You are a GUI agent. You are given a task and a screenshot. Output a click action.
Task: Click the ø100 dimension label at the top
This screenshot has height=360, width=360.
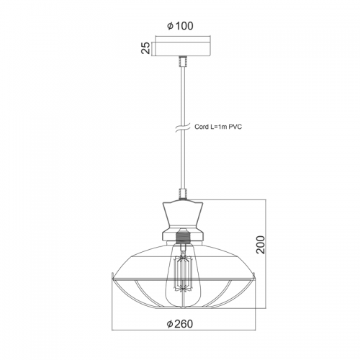click(x=180, y=26)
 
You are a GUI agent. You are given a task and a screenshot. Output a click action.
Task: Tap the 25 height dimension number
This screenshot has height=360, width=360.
click(x=145, y=48)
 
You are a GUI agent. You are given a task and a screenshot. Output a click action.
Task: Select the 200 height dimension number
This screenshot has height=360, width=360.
click(x=260, y=245)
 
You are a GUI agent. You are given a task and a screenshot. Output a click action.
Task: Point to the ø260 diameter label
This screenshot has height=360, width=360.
click(x=180, y=324)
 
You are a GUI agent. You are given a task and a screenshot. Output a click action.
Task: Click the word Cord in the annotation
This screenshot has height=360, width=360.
click(x=201, y=127)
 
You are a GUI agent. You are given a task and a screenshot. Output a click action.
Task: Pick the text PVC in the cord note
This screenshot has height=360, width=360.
click(x=235, y=127)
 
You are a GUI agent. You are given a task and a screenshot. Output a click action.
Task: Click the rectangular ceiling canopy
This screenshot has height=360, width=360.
click(x=183, y=49)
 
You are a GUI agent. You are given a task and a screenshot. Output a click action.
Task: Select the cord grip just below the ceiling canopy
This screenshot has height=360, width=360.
click(x=183, y=61)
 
